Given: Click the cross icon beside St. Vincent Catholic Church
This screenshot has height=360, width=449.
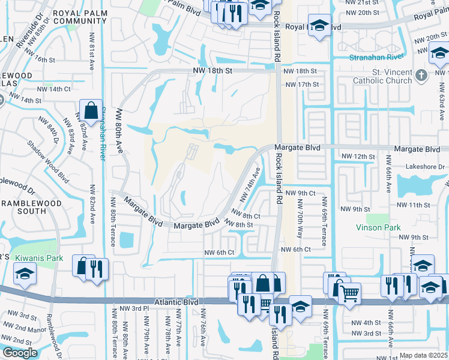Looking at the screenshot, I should click(x=421, y=75).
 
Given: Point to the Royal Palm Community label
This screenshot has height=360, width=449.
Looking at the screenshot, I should click(x=80, y=16).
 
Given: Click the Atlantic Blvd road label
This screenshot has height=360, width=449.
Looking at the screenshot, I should click(x=180, y=302).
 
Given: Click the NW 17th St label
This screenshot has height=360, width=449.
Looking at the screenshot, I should click(x=301, y=85).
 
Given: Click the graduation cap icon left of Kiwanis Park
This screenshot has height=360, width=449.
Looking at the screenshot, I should click(x=25, y=274).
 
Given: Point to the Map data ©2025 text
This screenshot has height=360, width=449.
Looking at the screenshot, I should click(x=423, y=355).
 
